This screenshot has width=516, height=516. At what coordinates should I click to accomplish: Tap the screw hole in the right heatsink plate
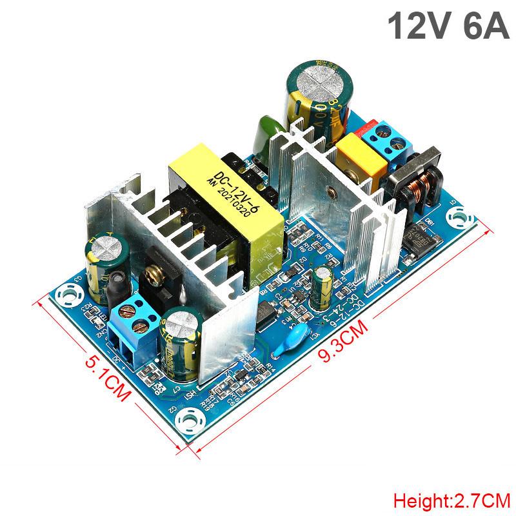tap(332, 192)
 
